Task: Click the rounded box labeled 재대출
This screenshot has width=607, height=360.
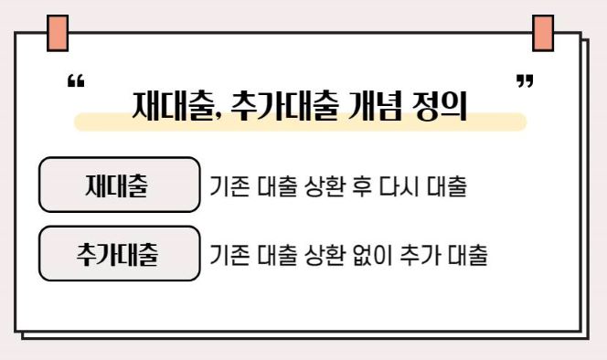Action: tap(119, 185)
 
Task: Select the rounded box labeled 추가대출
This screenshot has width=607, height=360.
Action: tap(119, 253)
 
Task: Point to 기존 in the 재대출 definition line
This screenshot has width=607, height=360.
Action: tap(227, 186)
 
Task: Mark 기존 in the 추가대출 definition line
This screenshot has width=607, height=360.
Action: tap(227, 254)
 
